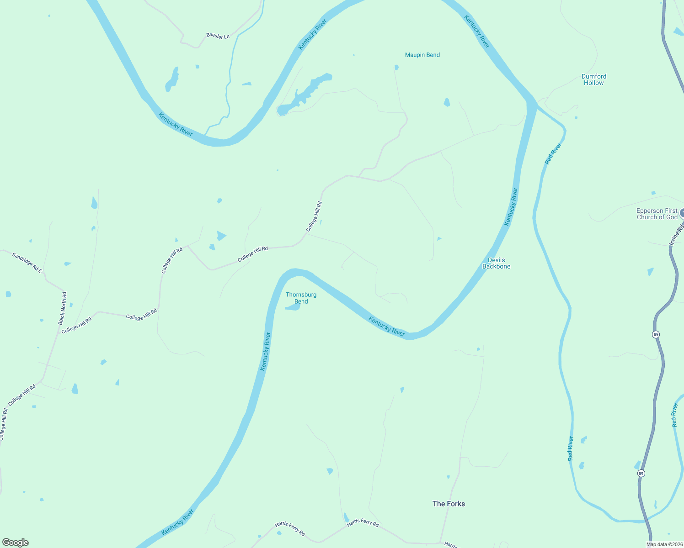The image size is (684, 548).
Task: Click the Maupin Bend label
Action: (422, 55)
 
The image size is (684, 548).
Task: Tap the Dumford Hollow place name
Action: (594, 79)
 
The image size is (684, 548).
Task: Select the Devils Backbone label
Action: (496, 263)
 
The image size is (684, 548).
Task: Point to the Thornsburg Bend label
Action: (301, 298)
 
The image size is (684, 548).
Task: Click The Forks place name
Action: (449, 504)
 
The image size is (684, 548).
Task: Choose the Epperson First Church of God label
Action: (657, 214)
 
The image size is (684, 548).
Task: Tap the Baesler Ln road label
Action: (218, 36)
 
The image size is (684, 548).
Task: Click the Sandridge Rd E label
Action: (27, 263)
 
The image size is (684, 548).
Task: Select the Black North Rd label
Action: (63, 308)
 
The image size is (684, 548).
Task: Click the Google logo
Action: (16, 543)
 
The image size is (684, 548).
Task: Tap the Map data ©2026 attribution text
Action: (664, 544)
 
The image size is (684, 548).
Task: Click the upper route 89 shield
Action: (656, 334)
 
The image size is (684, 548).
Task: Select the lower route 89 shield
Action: (641, 474)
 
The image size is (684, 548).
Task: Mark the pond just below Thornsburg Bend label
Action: (293, 307)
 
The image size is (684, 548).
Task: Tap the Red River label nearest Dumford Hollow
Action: (553, 153)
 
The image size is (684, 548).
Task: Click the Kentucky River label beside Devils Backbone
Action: (511, 207)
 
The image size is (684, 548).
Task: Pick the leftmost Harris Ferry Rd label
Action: (290, 529)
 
